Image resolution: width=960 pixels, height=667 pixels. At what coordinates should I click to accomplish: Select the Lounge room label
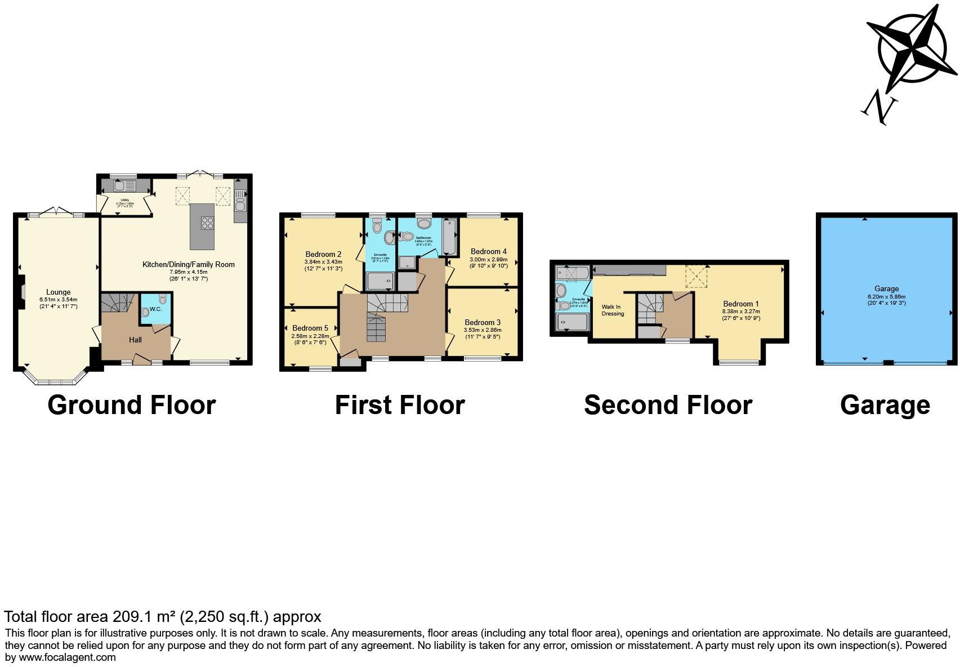(x=59, y=292)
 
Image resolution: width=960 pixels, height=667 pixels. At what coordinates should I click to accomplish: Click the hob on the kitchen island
(x=207, y=223)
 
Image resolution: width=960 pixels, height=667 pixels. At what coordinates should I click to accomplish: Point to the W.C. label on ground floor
(x=155, y=309)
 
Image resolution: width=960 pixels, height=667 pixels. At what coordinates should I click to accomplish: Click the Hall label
(x=135, y=340)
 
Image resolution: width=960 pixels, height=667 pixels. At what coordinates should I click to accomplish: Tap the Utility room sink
(x=120, y=185)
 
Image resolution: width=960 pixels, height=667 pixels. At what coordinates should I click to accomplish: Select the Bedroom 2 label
(x=323, y=254)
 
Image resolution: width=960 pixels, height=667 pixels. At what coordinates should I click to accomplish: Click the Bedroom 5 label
(x=310, y=328)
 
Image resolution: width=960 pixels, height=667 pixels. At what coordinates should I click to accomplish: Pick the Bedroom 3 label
(x=483, y=322)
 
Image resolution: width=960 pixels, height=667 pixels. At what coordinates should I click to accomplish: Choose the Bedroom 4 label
(x=488, y=251)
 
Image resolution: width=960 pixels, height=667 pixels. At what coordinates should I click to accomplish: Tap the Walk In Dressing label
(x=612, y=310)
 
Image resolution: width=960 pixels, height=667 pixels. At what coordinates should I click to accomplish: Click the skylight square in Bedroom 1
(x=696, y=276)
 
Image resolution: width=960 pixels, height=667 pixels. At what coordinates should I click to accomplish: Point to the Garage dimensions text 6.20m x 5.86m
(x=886, y=296)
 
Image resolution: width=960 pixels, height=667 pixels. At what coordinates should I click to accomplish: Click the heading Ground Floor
(x=131, y=405)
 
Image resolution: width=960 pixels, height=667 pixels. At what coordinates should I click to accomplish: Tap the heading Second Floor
(x=668, y=405)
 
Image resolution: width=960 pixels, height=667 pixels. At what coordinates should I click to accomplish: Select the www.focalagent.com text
(x=67, y=657)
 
